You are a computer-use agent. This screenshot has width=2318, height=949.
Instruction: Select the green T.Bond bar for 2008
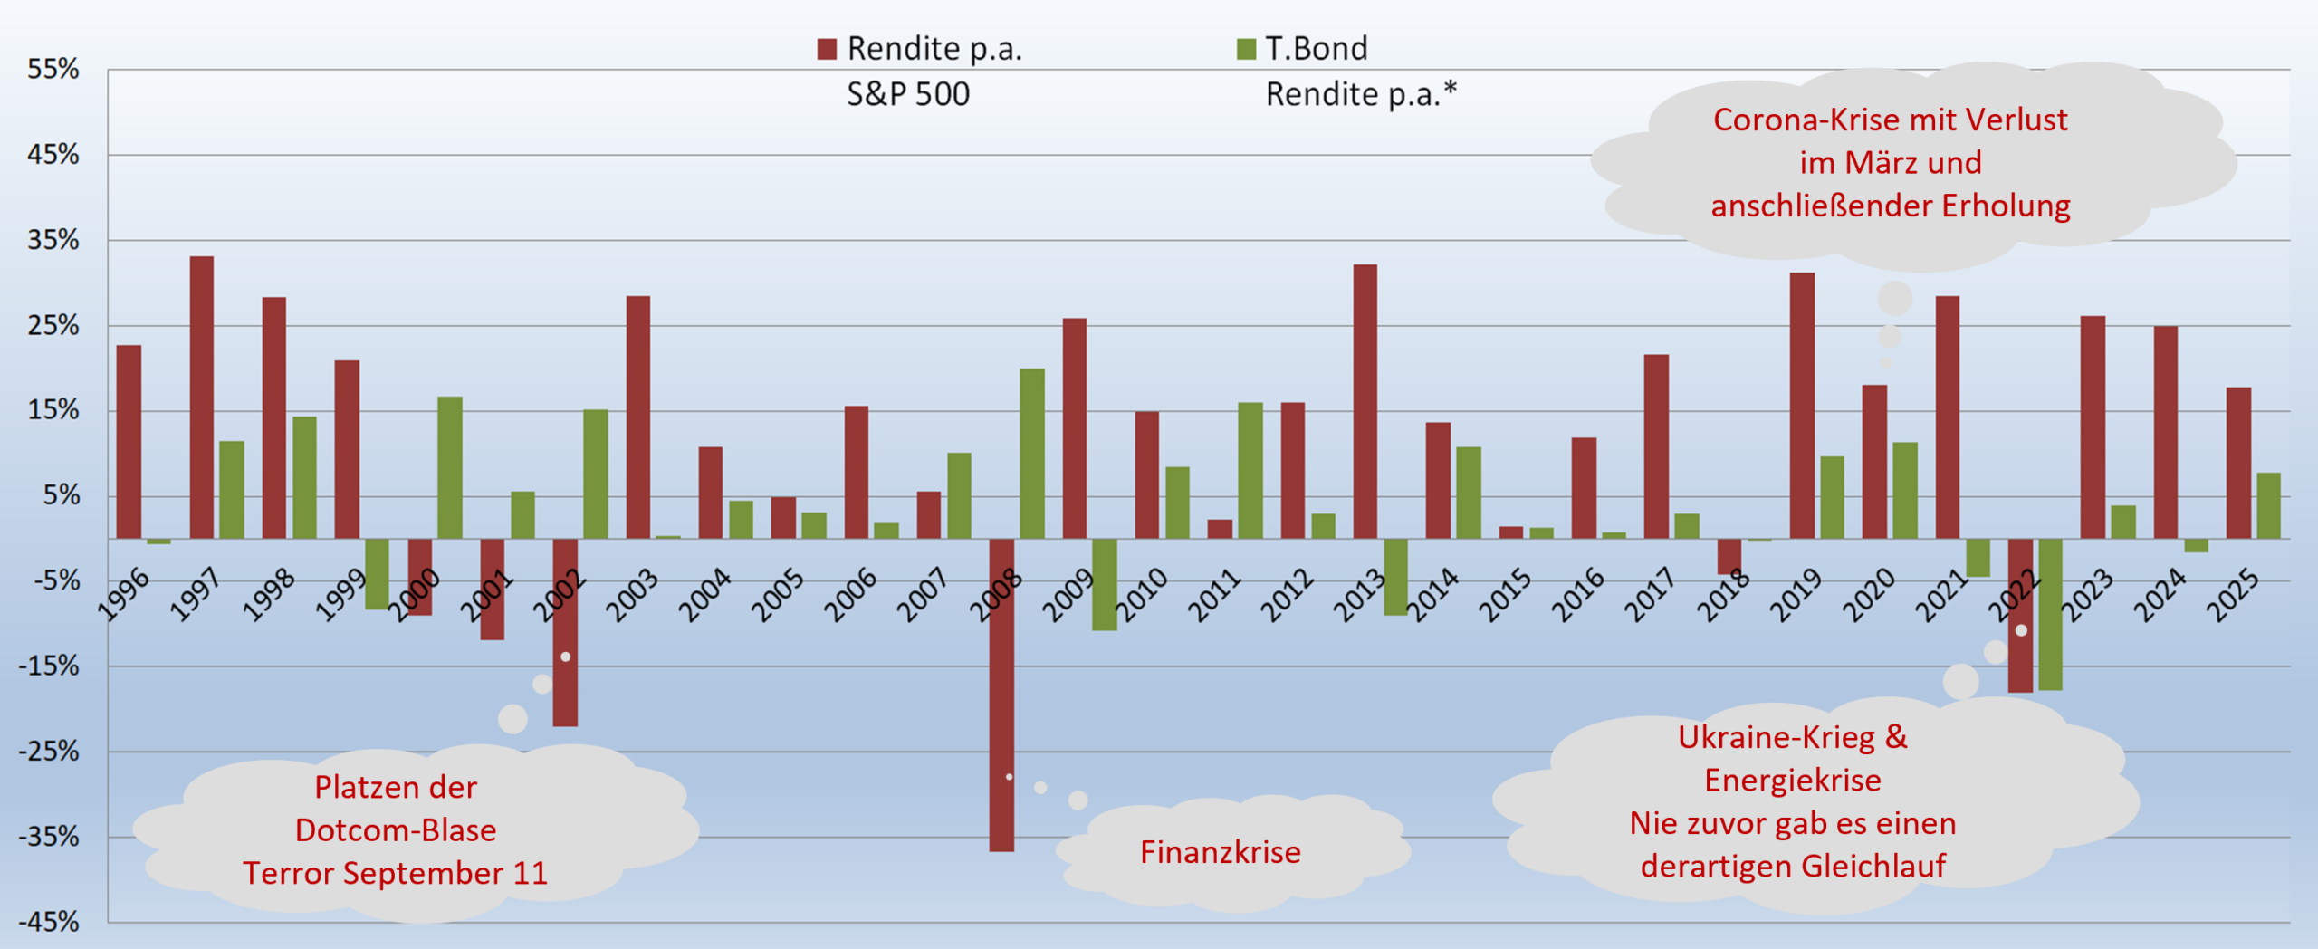[x=1032, y=454]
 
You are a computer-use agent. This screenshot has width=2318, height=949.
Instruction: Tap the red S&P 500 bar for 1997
[x=202, y=398]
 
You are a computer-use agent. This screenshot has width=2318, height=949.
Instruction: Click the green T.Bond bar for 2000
[x=450, y=467]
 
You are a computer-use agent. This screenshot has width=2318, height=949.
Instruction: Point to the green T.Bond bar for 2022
[x=2051, y=615]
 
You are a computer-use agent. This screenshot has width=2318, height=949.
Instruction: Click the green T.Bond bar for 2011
[x=1250, y=471]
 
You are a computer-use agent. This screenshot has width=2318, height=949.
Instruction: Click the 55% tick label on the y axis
[x=53, y=70]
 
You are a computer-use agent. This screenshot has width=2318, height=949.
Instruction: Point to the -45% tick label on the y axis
[x=50, y=922]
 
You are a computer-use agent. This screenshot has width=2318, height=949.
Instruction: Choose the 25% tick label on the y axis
[x=53, y=325]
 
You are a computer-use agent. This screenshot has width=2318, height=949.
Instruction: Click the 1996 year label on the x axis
[x=123, y=595]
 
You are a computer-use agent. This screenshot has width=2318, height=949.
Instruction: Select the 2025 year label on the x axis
[x=2233, y=595]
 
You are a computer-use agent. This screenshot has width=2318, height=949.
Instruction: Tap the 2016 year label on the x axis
[x=1578, y=595]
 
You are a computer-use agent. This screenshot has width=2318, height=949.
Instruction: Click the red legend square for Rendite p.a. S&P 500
[x=827, y=49]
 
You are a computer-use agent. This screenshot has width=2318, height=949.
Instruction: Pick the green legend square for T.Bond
[x=1246, y=49]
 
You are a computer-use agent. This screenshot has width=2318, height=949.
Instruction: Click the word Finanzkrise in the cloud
[x=1220, y=852]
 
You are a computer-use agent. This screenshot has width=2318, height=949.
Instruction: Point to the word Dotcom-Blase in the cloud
[x=396, y=830]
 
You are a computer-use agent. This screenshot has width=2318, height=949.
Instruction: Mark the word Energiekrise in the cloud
[x=1792, y=780]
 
